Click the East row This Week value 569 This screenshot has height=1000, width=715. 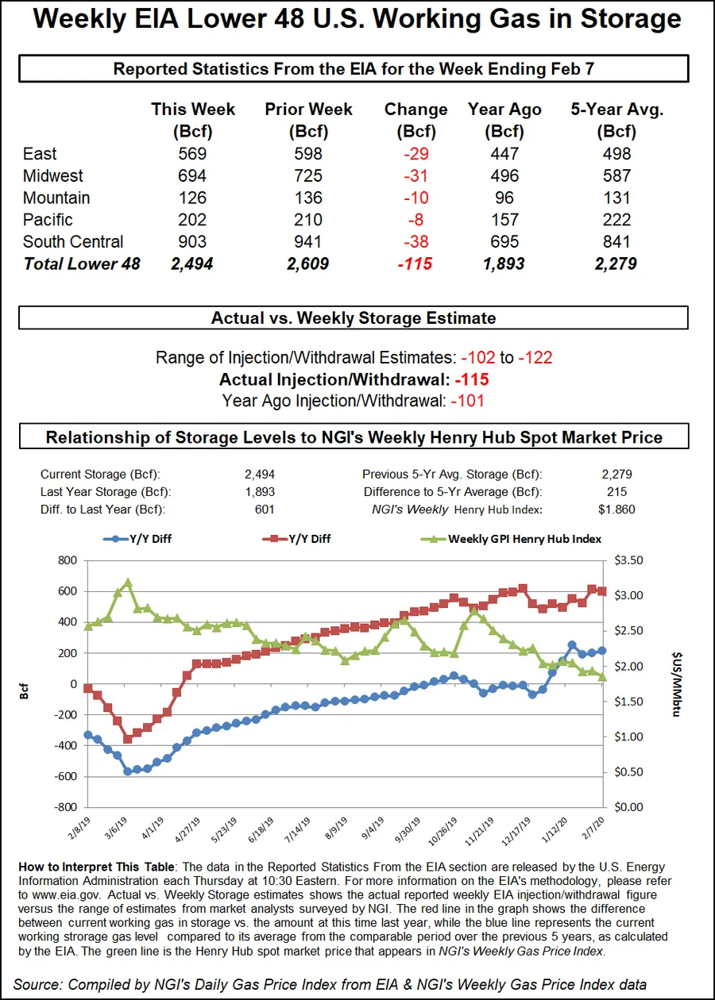coord(193,154)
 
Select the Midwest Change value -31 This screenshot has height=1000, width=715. coord(415,176)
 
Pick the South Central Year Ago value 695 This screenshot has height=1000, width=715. coord(504,242)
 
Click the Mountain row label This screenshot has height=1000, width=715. coord(56,198)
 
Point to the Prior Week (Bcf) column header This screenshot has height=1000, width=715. coord(308,120)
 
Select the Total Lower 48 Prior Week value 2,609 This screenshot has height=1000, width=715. coord(308,264)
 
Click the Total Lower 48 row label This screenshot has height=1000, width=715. coord(82,264)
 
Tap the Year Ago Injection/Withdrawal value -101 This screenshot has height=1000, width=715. coord(467,401)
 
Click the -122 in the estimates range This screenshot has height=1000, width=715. coord(535,358)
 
